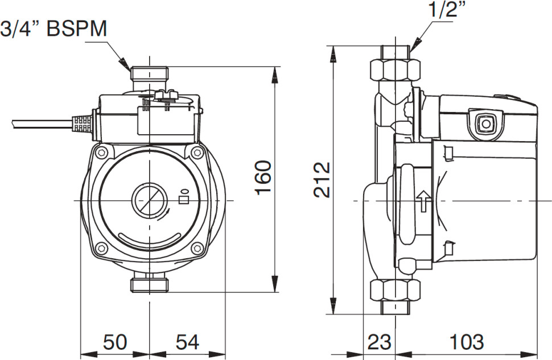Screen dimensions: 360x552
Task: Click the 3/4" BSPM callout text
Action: coord(54,30)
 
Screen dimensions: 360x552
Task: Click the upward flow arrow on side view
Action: coord(423,201)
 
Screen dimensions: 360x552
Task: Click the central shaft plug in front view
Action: coord(149,200)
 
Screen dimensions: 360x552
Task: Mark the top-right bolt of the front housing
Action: coord(197,152)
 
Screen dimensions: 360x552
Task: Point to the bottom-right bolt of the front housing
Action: coord(197,247)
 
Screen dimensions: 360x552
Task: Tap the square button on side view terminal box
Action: coord(485,122)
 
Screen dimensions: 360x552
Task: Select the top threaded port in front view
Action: coord(149,75)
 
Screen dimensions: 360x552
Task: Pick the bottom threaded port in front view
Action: coord(149,284)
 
